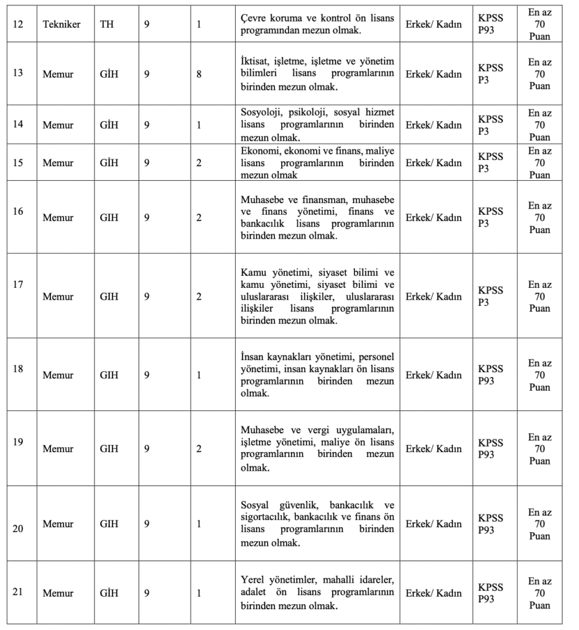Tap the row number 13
tap(18, 72)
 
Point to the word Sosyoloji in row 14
tap(258, 112)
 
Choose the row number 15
tap(18, 162)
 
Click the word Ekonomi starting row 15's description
tap(258, 151)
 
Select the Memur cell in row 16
tap(58, 217)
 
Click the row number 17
tap(18, 285)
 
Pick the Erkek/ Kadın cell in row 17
tap(434, 297)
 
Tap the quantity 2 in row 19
tap(199, 449)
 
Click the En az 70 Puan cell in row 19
tap(540, 449)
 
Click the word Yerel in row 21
tap(252, 581)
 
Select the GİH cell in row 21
tap(109, 593)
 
